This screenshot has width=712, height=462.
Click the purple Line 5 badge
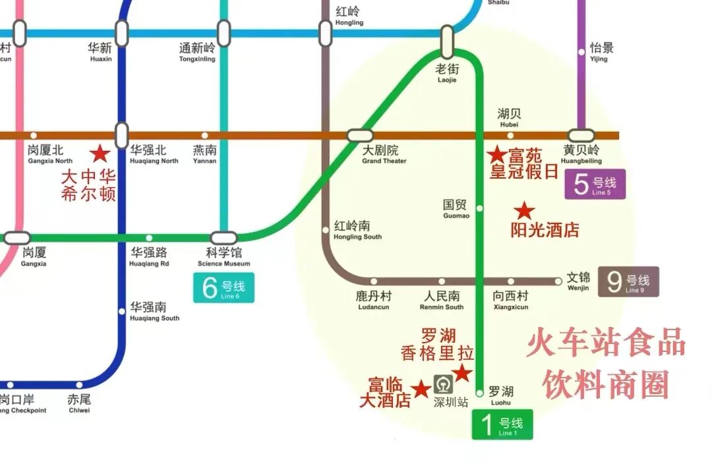[x=595, y=184]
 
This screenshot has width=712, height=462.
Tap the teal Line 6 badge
[x=223, y=288]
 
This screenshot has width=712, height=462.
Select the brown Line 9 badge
[x=628, y=282]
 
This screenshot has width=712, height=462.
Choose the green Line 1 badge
[x=502, y=424]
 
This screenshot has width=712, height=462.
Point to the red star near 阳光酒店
[x=524, y=211]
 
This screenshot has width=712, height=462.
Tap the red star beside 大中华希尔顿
[x=100, y=154]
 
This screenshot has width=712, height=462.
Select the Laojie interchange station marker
[x=447, y=40]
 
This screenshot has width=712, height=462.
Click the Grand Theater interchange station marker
[x=360, y=135]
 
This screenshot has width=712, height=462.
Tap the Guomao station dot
[x=479, y=208]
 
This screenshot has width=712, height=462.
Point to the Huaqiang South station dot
[x=122, y=311]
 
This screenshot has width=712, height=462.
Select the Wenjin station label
[x=578, y=281]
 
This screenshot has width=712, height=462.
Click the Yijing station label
[x=601, y=51]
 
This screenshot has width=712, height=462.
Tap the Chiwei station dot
[x=79, y=385]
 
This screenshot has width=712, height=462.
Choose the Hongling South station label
[x=357, y=229]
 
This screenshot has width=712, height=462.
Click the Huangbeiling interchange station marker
[x=581, y=135]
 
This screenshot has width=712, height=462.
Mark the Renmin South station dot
[x=442, y=281]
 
